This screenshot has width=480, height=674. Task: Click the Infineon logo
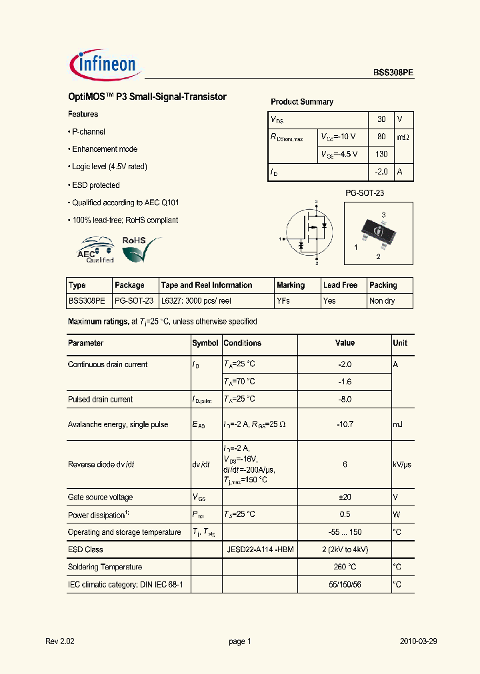pos(103,65)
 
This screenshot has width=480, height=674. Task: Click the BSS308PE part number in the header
pos(393,74)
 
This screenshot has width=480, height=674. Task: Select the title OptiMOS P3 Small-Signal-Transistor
pos(147,97)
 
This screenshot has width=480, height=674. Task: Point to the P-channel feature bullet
pos(87,132)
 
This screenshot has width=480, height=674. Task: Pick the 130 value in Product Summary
pos(381,155)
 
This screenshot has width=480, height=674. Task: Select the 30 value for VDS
pos(381,119)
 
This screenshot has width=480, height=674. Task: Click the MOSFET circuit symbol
pos(308,233)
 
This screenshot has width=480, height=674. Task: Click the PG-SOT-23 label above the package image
pos(364,193)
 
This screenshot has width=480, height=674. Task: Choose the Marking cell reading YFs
pos(283,301)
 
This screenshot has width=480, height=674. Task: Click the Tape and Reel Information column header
pos(207,285)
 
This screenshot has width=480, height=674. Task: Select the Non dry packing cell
pos(382,301)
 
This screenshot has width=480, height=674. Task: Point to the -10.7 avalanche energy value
pos(345,424)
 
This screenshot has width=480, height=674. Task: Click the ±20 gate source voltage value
pos(345,498)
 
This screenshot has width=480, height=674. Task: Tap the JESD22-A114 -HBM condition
pos(260,549)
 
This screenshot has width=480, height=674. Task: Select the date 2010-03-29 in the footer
pos(419,641)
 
